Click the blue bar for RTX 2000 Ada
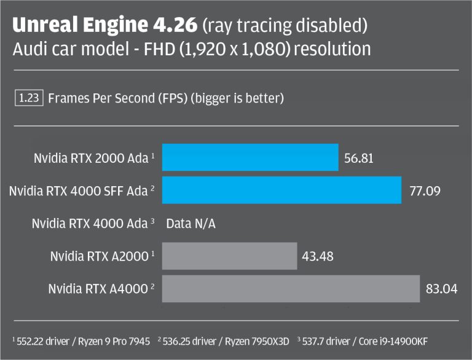point(250,158)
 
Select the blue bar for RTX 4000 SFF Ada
point(281,190)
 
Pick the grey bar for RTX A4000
point(291,288)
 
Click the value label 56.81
point(360,158)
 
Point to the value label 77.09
point(425,191)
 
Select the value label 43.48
point(318,256)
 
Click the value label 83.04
point(441,288)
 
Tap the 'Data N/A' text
point(191,224)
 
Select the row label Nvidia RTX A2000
point(99,256)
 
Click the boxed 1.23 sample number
point(28,98)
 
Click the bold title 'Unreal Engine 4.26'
point(104,25)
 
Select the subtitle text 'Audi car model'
point(60,49)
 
